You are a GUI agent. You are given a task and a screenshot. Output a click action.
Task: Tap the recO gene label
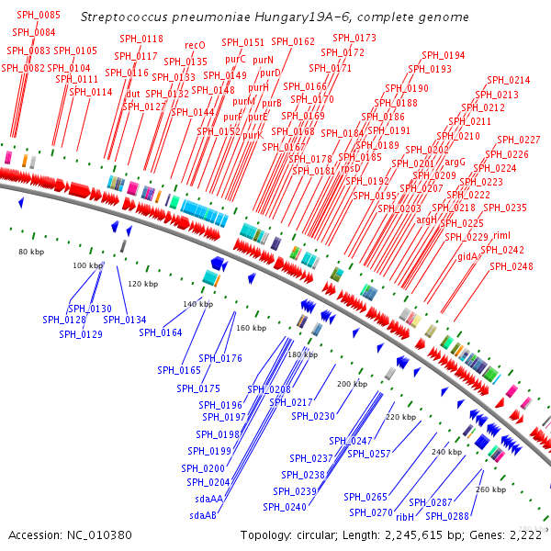[x=195, y=45]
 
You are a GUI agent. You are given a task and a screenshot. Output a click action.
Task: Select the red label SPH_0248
[x=511, y=266]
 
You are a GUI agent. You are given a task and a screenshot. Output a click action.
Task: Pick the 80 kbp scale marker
[x=32, y=250]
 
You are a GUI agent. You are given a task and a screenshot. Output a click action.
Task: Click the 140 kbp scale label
[x=198, y=303]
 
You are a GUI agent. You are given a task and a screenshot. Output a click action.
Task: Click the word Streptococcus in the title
[x=126, y=17]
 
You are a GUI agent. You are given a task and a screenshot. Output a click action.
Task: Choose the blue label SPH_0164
[x=161, y=332]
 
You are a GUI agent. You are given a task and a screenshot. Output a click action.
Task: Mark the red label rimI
[x=501, y=236]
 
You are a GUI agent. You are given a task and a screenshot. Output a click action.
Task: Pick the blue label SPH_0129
[x=81, y=334]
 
